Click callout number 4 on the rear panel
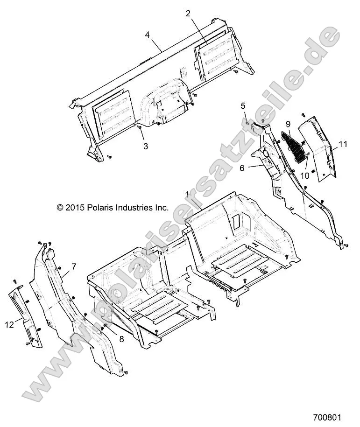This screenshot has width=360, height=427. click(x=147, y=35)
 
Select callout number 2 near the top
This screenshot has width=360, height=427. click(x=188, y=14)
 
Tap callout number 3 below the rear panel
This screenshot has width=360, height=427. click(x=146, y=146)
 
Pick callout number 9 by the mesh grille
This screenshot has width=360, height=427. click(x=288, y=124)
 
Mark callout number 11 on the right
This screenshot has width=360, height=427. click(x=343, y=144)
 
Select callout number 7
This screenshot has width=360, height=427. click(x=74, y=267)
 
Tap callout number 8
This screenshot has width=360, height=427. click(x=121, y=339)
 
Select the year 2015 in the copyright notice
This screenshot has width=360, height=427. click(x=75, y=208)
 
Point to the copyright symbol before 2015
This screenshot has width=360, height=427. click(x=59, y=208)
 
